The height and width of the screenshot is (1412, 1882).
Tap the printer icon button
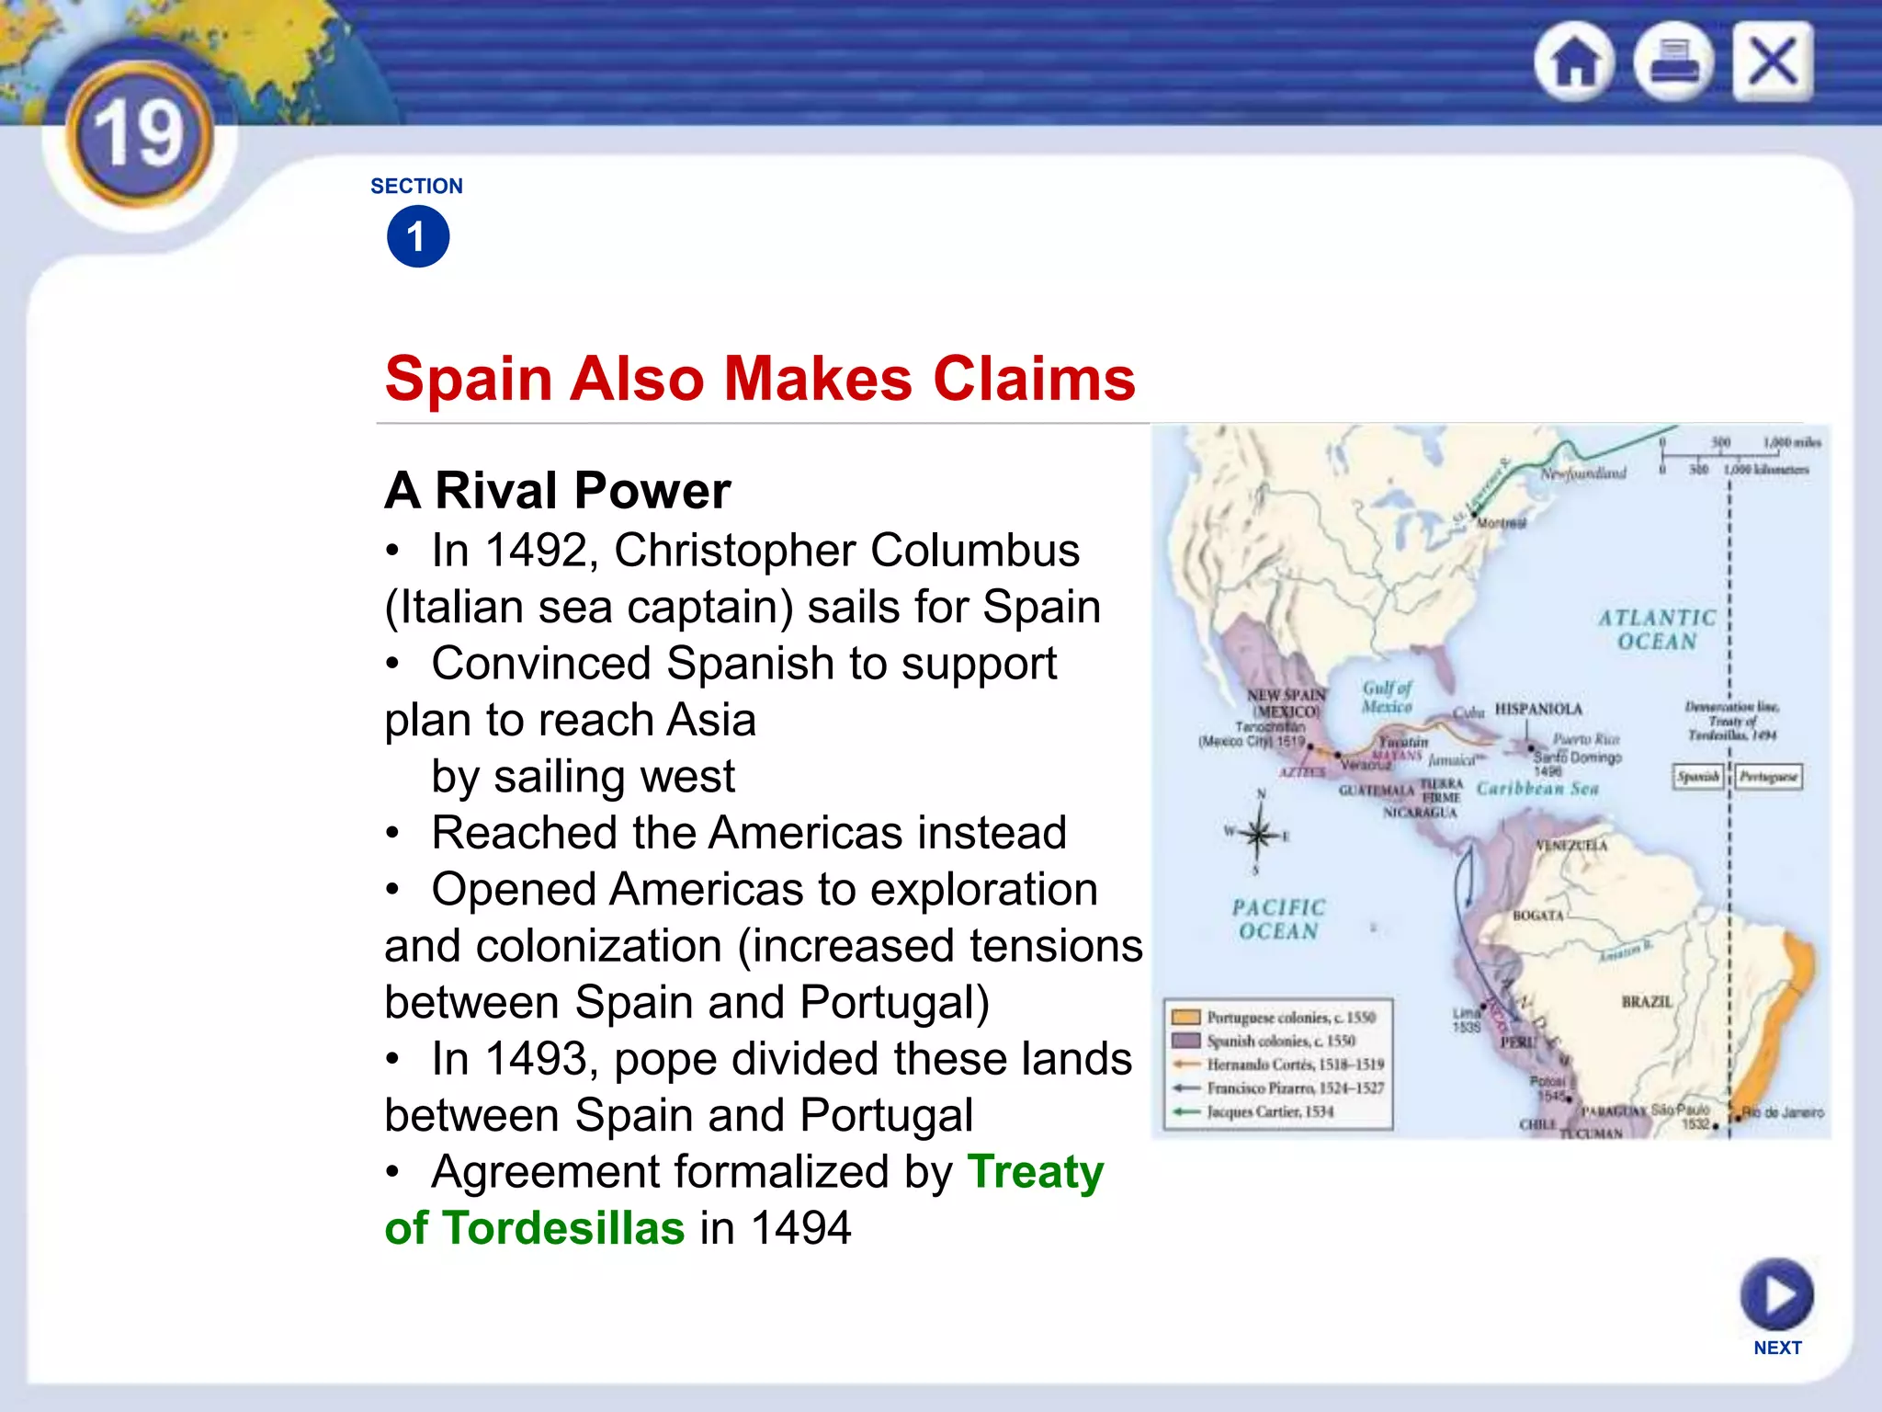tap(1673, 63)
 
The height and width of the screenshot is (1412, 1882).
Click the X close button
tap(1773, 63)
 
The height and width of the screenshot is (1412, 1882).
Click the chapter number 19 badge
tap(140, 135)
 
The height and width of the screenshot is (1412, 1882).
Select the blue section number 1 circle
tap(418, 237)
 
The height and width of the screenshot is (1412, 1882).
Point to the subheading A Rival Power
tap(558, 490)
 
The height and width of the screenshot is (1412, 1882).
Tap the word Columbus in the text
tap(975, 551)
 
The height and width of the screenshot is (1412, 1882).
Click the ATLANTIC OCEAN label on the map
tap(1657, 630)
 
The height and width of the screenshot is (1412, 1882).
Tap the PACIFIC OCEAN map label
tap(1278, 919)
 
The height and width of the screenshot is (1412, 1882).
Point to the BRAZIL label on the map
tap(1647, 1001)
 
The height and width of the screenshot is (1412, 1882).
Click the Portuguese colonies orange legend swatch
tap(1186, 1017)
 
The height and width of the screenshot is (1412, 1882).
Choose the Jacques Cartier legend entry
tap(1269, 1111)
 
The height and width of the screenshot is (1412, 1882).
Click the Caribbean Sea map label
tap(1537, 789)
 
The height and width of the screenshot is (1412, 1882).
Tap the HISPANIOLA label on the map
tap(1538, 709)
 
